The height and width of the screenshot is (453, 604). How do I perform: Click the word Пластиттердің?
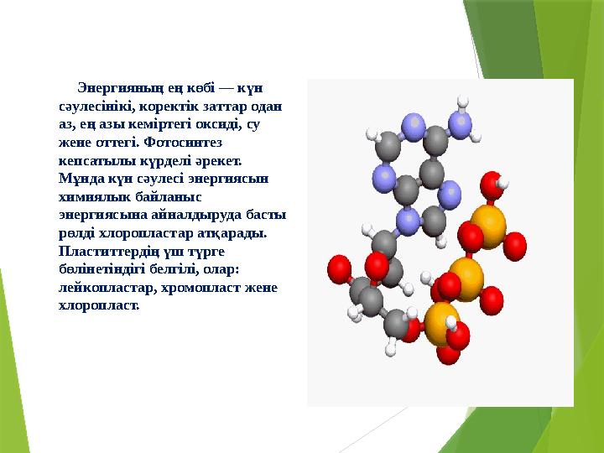tap(107, 251)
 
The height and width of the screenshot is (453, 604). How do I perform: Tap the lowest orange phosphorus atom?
tap(441, 324)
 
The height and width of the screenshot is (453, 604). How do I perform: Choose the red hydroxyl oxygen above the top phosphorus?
tap(492, 184)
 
